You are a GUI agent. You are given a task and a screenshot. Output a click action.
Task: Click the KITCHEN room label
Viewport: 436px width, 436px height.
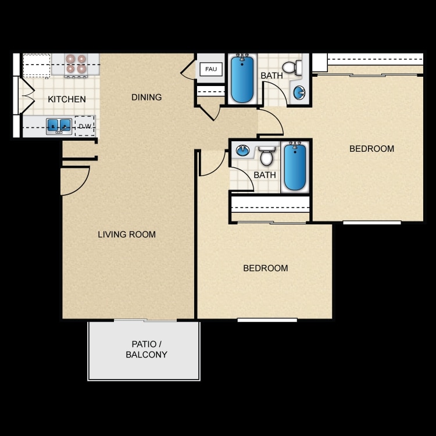[67, 99]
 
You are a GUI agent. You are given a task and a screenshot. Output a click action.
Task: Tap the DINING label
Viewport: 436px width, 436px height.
[146, 97]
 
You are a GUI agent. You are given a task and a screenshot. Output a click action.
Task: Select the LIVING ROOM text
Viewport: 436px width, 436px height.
[127, 234]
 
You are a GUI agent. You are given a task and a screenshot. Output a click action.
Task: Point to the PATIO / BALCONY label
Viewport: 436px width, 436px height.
[146, 349]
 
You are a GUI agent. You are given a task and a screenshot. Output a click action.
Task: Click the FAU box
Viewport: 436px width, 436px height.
[211, 69]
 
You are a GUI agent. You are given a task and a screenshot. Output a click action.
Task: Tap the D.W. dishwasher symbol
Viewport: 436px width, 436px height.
[85, 126]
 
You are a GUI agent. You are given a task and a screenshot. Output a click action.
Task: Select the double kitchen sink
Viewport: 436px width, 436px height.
[59, 126]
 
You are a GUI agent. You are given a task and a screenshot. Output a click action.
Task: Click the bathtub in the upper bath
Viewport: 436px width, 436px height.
[242, 78]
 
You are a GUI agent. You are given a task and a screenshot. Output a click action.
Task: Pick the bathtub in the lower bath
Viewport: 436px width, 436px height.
[295, 167]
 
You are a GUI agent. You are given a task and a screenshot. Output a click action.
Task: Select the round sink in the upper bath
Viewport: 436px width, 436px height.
[299, 92]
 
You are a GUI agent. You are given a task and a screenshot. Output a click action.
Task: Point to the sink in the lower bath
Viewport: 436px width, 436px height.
[242, 151]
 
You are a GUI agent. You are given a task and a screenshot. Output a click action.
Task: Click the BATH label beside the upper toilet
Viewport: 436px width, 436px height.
[271, 76]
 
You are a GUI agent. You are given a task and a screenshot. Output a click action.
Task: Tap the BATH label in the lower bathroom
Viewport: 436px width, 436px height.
[265, 175]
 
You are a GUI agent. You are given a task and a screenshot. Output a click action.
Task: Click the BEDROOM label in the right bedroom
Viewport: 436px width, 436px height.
[372, 149]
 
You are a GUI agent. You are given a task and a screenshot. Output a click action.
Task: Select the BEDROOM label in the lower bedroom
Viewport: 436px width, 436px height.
[266, 268]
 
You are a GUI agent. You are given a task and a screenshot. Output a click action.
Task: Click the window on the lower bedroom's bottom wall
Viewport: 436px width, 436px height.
[267, 320]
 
